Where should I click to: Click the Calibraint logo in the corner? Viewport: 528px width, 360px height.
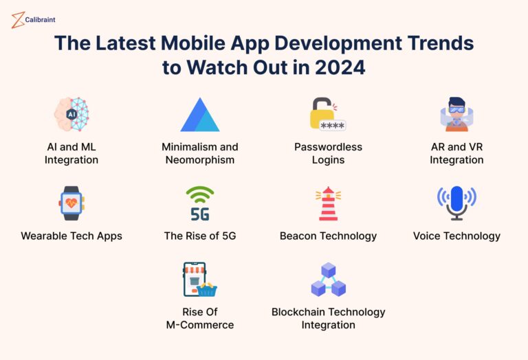click(34, 20)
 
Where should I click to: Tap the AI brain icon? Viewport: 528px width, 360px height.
click(71, 114)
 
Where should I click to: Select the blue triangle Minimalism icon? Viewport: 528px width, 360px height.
click(199, 115)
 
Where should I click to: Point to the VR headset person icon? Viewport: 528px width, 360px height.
click(456, 114)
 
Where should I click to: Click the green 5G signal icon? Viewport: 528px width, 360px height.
click(199, 203)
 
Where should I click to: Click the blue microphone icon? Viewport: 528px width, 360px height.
click(456, 203)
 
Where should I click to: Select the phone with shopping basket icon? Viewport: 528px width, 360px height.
click(199, 280)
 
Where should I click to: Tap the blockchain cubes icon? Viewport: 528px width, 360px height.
click(328, 280)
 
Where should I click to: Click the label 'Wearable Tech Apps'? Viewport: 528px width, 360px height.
click(71, 236)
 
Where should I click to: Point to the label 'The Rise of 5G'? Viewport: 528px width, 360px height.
click(199, 236)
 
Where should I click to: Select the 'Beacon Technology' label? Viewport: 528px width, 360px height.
click(328, 236)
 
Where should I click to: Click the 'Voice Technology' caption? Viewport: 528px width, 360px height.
click(456, 236)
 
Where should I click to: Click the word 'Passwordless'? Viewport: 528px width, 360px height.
click(328, 147)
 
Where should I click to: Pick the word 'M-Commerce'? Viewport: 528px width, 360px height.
click(199, 324)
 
